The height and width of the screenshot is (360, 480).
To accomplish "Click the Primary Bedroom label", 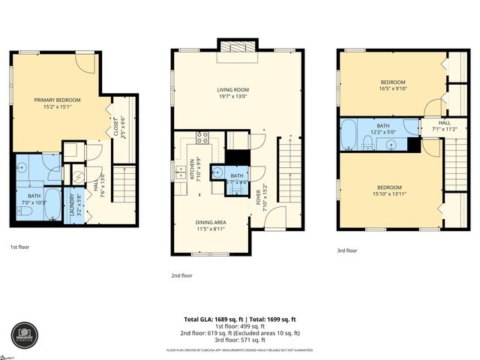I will [x=57, y=100].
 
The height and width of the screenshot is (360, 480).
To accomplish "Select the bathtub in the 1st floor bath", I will [x=52, y=206].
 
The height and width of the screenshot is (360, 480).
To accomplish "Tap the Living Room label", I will [x=233, y=90].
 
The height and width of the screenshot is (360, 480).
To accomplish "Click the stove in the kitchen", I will [x=202, y=137].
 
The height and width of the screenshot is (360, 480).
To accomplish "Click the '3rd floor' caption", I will [x=346, y=250].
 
